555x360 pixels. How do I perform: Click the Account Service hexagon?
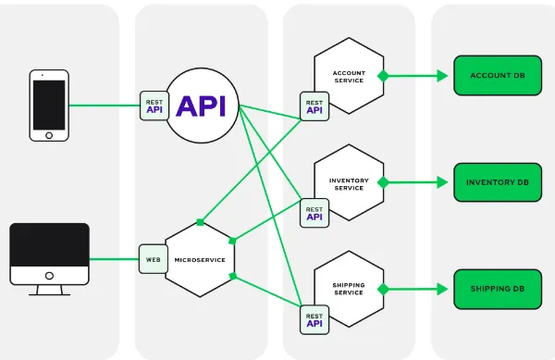[x=349, y=76]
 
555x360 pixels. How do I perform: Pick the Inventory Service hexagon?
[x=349, y=182]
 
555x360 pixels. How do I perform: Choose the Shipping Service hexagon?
[x=349, y=289]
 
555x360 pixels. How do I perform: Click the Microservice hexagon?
[x=200, y=260]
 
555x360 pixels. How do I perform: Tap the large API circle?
[x=201, y=106]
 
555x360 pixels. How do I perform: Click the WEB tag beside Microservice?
[x=152, y=259]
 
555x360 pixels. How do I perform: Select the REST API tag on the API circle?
[x=154, y=106]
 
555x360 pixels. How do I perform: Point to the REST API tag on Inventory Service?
[x=314, y=213]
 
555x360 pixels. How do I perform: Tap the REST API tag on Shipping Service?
[x=314, y=319]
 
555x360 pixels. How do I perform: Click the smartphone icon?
[x=49, y=105]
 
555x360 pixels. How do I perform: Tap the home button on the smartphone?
[x=49, y=134]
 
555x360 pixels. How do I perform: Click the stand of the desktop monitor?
[x=49, y=288]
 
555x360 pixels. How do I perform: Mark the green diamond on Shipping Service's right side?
[x=382, y=289]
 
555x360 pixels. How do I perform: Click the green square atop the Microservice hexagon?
[x=200, y=223]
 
